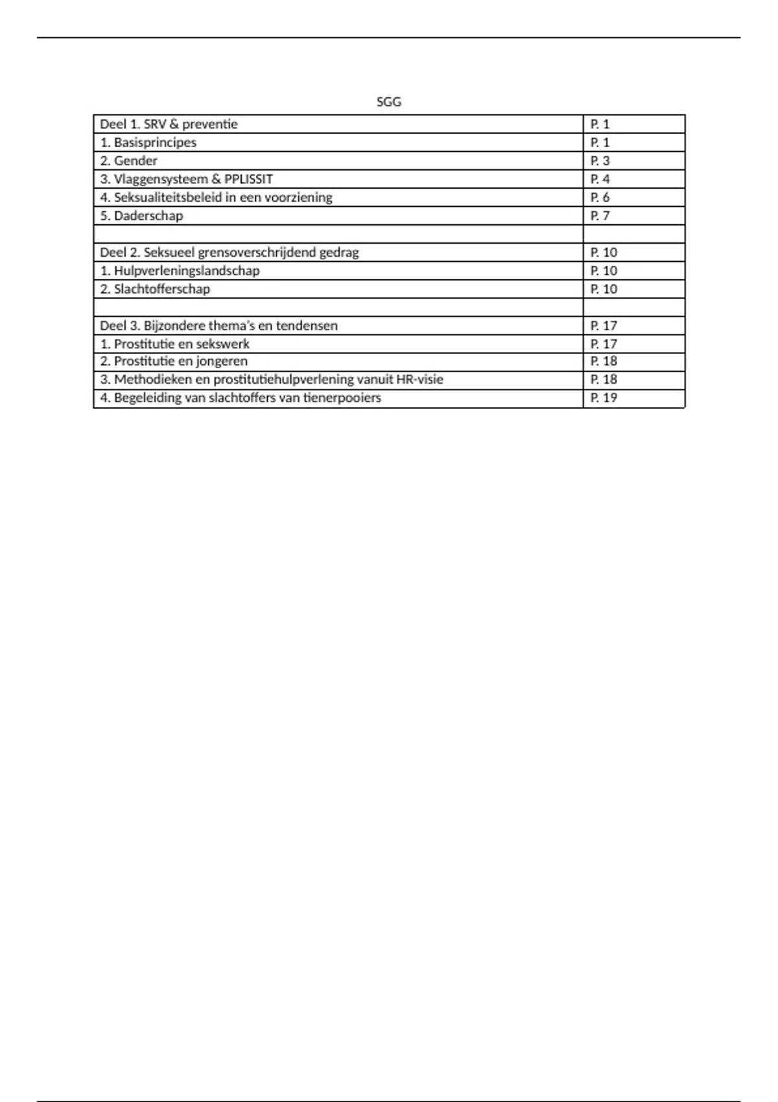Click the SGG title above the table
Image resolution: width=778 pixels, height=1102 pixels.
click(389, 102)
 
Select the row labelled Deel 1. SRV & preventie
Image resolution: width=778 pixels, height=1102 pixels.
click(169, 124)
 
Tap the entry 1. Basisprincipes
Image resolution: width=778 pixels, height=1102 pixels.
click(148, 142)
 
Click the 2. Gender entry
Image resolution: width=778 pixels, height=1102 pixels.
click(129, 161)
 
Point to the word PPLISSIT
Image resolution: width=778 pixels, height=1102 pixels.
click(248, 179)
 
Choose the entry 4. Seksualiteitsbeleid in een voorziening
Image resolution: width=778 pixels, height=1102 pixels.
click(216, 197)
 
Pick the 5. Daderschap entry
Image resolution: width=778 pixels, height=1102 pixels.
click(141, 215)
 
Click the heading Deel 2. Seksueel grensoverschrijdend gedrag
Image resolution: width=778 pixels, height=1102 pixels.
click(229, 252)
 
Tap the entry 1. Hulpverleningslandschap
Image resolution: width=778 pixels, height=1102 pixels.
click(180, 270)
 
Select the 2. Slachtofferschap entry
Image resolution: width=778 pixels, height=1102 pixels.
click(155, 288)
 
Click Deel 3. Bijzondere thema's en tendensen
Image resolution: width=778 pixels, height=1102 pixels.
click(218, 325)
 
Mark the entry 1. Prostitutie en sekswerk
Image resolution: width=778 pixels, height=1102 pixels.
click(175, 344)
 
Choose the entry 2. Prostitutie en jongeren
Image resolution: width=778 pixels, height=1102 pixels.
click(174, 361)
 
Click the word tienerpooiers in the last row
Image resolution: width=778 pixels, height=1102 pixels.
click(342, 397)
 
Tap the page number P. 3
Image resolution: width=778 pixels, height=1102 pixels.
click(600, 161)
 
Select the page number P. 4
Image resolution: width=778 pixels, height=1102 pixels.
click(600, 179)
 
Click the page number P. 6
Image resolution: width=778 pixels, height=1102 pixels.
click(600, 197)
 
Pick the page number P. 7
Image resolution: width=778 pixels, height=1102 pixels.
click(600, 215)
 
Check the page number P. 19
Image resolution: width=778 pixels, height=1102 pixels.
click(604, 397)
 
